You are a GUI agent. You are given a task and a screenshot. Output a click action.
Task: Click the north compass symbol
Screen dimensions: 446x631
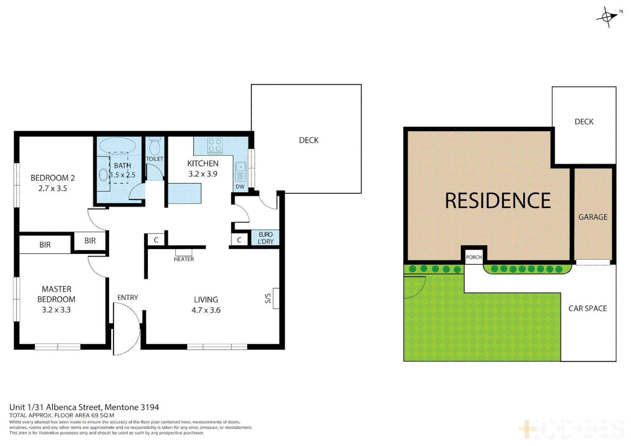[x=607, y=17]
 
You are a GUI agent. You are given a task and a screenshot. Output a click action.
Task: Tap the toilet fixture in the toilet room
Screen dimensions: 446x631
[x=154, y=147]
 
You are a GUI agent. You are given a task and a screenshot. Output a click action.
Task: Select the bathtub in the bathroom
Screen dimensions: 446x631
[x=118, y=145]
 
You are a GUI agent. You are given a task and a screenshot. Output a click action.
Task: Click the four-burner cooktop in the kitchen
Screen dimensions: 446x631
[x=215, y=146]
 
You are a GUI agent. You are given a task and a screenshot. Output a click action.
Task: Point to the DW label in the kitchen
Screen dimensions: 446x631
[x=240, y=187]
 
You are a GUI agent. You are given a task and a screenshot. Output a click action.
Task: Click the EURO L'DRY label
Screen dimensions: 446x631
[x=266, y=238]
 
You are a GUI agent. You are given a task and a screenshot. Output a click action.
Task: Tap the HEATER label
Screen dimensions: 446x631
[x=184, y=259]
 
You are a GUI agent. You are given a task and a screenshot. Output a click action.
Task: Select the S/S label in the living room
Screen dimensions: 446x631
[x=268, y=298]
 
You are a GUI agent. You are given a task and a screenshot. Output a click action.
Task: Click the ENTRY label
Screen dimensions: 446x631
[x=128, y=297]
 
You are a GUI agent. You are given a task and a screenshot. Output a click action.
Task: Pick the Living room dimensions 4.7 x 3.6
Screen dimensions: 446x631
[x=206, y=310]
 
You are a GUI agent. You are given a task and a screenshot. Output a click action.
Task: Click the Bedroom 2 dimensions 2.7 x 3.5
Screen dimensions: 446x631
[x=52, y=188]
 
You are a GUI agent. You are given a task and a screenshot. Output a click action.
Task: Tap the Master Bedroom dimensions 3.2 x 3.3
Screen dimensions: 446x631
[x=56, y=310]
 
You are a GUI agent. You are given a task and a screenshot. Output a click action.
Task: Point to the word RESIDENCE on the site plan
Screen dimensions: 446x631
[x=498, y=201]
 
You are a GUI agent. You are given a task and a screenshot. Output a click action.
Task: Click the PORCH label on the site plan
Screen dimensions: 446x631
[x=474, y=257]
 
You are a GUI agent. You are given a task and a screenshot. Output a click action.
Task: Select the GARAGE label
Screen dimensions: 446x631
[x=593, y=217]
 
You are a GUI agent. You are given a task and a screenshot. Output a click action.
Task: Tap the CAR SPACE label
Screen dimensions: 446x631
[x=588, y=308]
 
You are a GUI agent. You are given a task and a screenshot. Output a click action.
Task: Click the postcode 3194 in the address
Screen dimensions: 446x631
[x=149, y=407]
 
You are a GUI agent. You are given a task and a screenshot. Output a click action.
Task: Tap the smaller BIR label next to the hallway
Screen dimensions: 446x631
[x=90, y=241]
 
